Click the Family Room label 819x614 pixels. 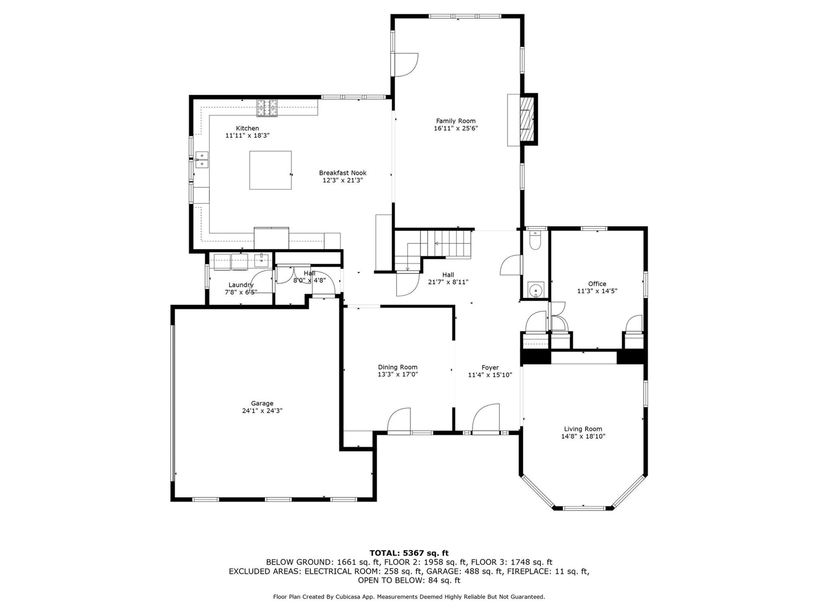[x=456, y=121]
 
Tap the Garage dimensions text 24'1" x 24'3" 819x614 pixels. [x=262, y=411]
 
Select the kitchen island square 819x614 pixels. [x=270, y=170]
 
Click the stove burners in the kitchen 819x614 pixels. [x=267, y=108]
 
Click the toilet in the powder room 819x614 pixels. [x=534, y=240]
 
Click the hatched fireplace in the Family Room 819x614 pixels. [x=528, y=119]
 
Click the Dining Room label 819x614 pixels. [x=398, y=367]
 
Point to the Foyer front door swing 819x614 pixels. [x=486, y=418]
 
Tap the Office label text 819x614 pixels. [x=597, y=284]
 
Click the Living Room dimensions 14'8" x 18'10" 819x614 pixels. [x=583, y=437]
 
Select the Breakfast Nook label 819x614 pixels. [x=343, y=173]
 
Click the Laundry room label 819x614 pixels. [x=241, y=285]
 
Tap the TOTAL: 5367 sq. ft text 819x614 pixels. [x=409, y=553]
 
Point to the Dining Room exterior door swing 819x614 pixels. [x=399, y=420]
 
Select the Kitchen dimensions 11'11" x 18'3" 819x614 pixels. [x=247, y=136]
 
